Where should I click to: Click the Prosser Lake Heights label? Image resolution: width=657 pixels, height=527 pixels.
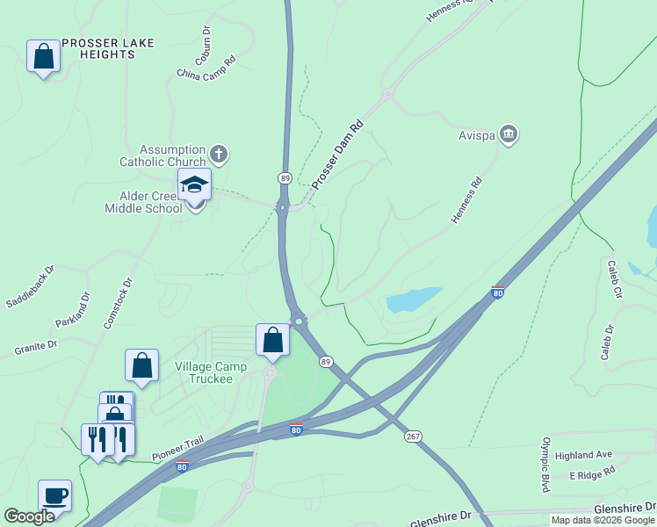tap(97, 48)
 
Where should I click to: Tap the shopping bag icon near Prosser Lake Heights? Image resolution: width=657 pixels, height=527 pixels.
tap(42, 57)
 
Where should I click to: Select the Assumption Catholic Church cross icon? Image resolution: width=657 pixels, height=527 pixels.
tap(219, 155)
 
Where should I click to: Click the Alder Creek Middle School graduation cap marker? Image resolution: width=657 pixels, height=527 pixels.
tap(194, 185)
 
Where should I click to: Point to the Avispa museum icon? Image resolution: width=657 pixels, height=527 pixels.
tap(508, 134)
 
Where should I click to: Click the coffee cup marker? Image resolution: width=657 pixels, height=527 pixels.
tap(54, 495)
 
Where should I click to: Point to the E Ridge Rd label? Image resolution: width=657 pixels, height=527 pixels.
tap(592, 473)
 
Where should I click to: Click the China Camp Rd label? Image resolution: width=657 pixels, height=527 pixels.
tap(207, 68)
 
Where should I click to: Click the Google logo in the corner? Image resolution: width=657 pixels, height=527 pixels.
tap(29, 517)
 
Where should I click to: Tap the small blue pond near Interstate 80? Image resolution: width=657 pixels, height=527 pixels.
tap(413, 300)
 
